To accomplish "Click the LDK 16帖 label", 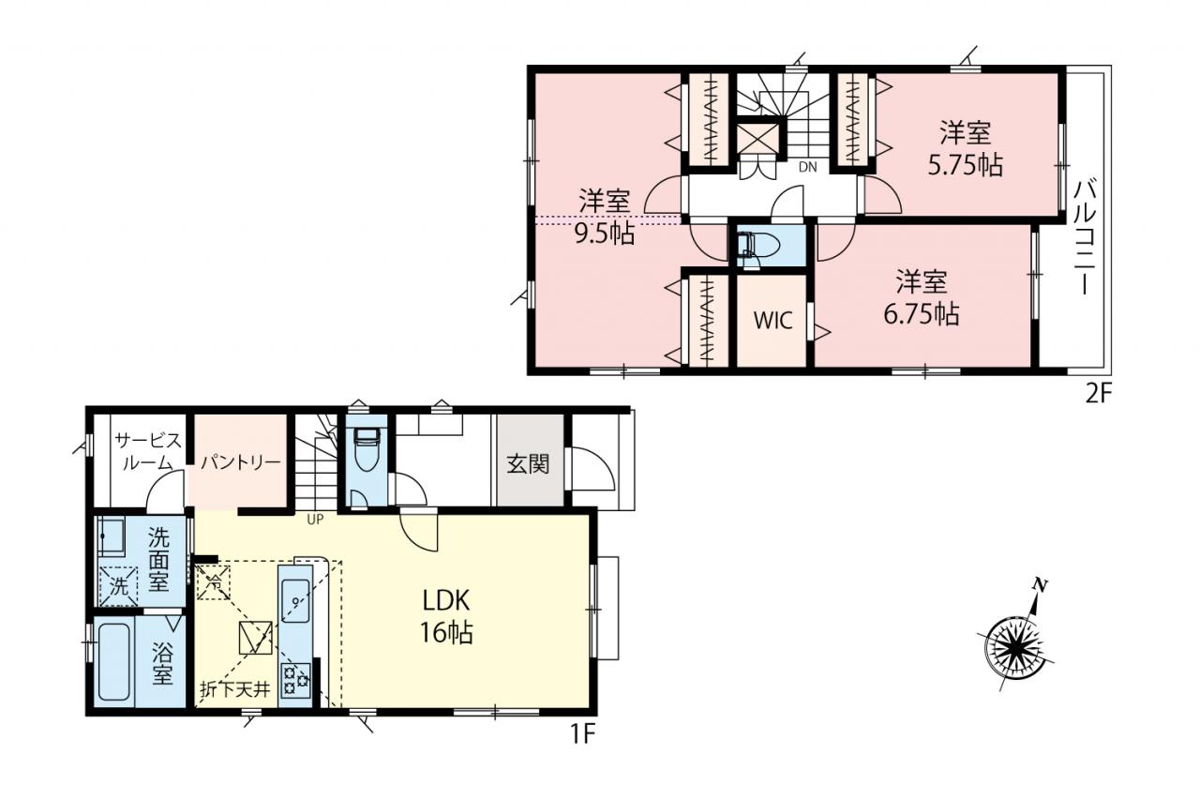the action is coord(446,617).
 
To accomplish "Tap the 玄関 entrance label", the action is coord(528,464).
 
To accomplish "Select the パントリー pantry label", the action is coord(241,461).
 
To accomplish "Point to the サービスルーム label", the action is coord(148,453).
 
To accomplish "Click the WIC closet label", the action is coord(772,321).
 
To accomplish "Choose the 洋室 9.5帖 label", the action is coord(605,217).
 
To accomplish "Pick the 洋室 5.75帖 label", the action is coord(966,149).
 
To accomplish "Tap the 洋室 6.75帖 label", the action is coord(922,298).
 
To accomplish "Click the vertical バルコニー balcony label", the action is coord(1086,237).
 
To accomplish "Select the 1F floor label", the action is coord(582,734).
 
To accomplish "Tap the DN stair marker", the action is coord(808,167).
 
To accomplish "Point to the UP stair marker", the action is coord(315,520).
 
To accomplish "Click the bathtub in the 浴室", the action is coord(114,661).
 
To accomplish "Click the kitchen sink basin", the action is coord(294,600).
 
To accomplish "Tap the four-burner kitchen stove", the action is coord(295,681).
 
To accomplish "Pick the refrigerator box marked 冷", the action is coord(214,582).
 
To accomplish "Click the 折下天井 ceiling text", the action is coord(235,689).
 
